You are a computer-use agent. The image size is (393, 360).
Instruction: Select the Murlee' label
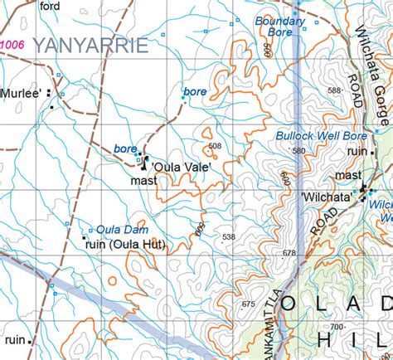[x=22, y=95]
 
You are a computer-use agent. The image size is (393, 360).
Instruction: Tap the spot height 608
[x=216, y=147]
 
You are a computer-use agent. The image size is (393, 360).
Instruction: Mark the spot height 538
[x=229, y=237]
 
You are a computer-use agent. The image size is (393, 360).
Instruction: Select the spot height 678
[x=289, y=252]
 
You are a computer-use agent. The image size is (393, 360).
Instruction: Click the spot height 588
[x=334, y=90]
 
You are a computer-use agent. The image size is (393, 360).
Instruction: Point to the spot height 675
[x=248, y=304]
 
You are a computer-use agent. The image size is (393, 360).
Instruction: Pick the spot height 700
[x=337, y=328]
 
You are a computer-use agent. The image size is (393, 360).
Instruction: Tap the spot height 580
[x=298, y=151]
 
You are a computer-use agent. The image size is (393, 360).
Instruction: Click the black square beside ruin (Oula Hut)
[x=85, y=238]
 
